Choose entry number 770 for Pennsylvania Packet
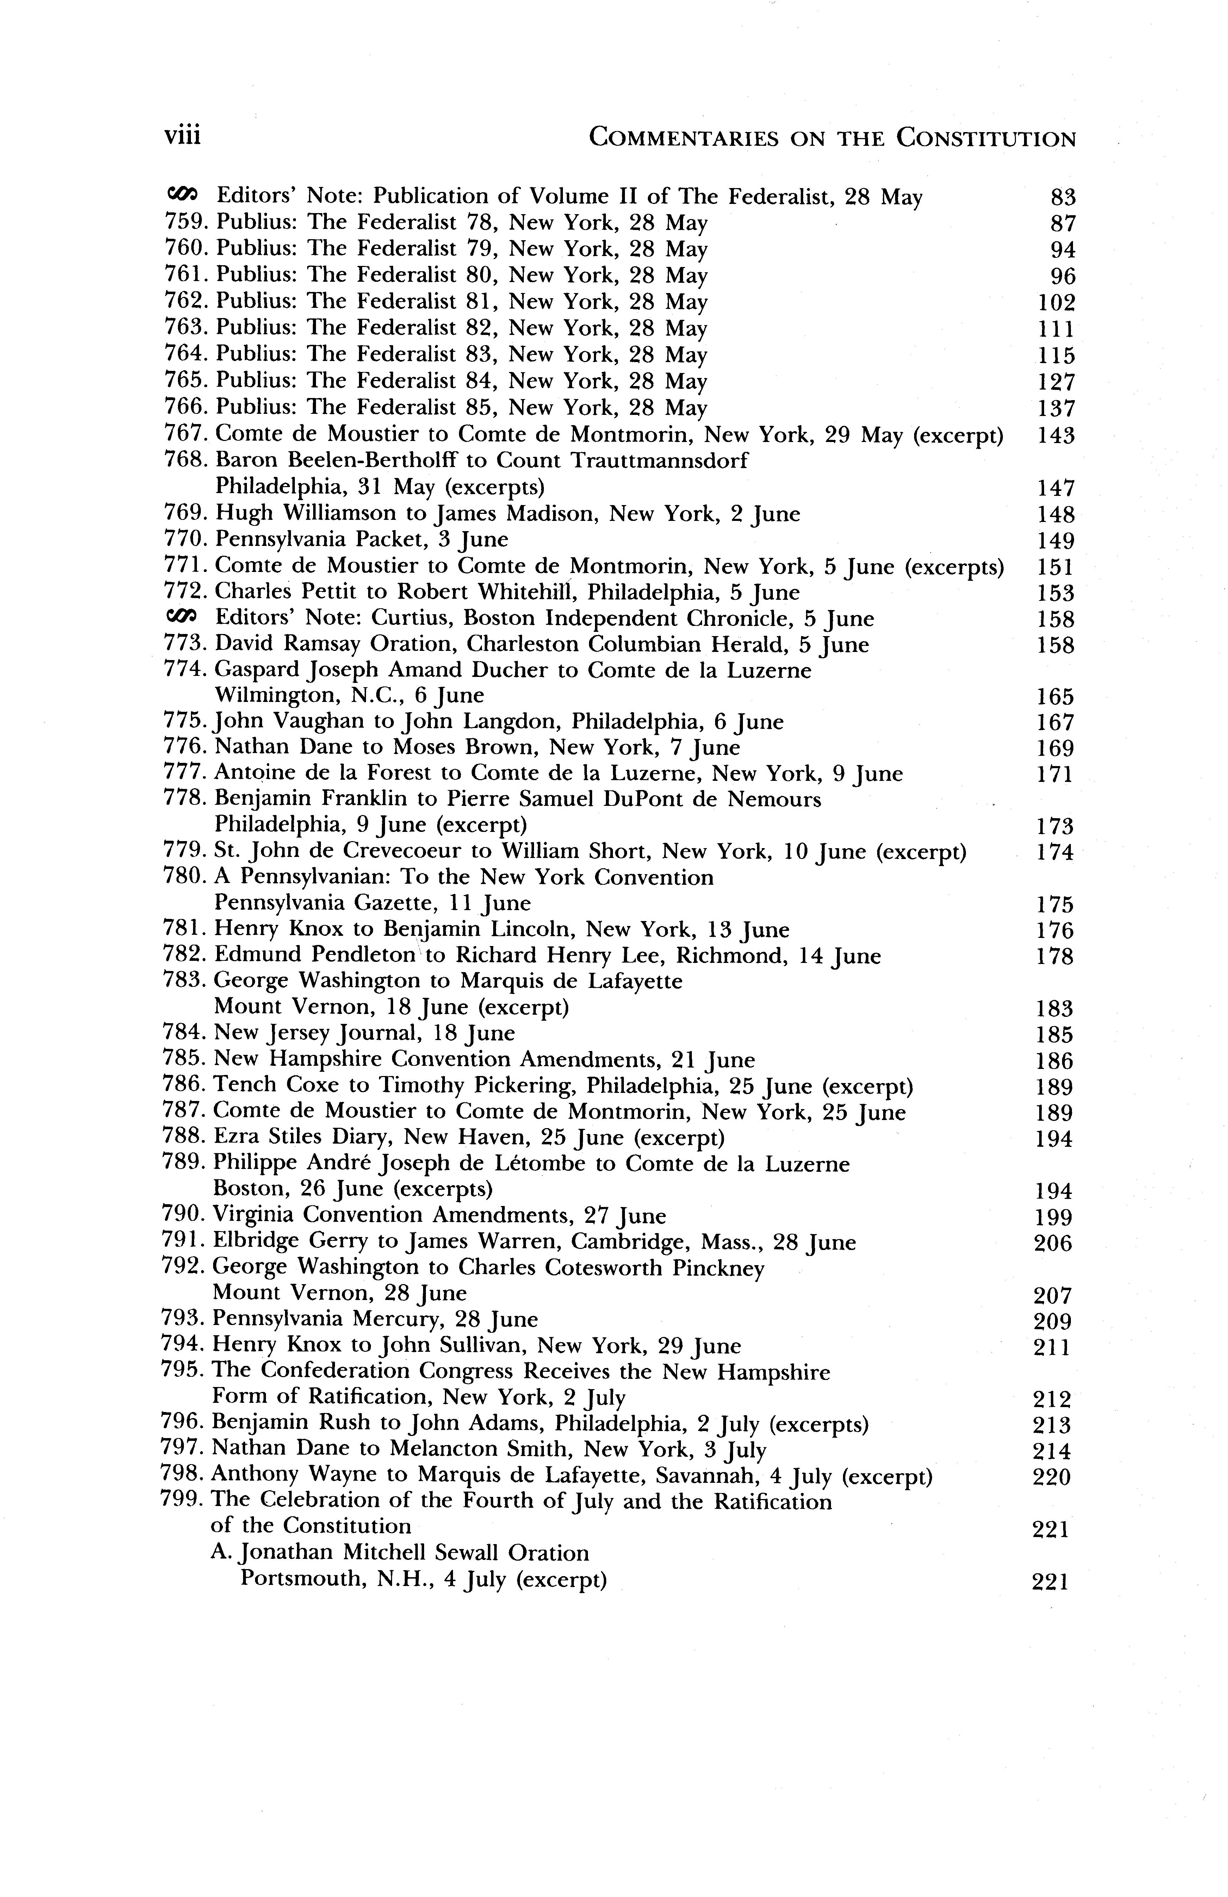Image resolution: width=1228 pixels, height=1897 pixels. pyautogui.click(x=187, y=540)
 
